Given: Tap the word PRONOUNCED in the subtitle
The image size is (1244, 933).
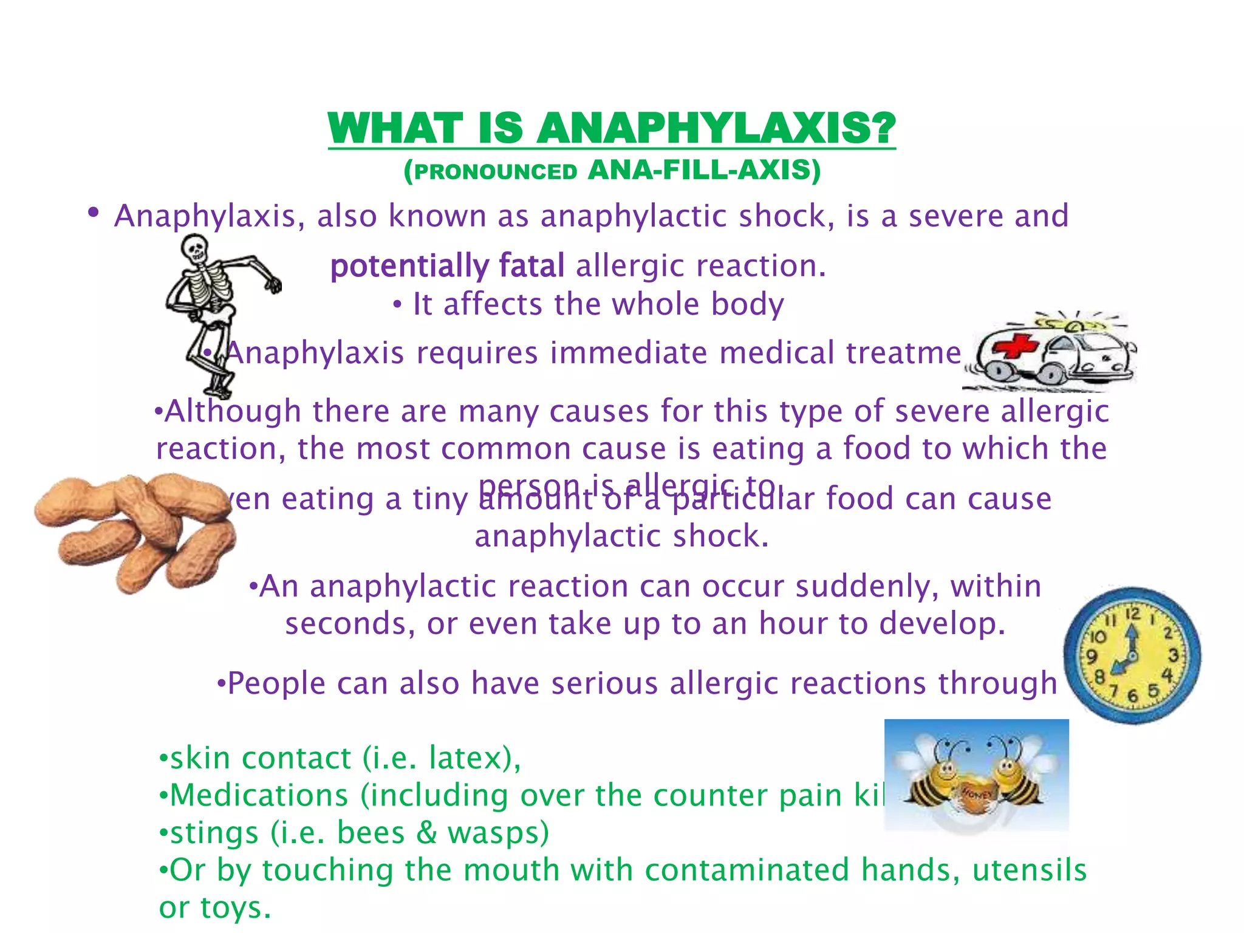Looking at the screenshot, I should [x=496, y=173].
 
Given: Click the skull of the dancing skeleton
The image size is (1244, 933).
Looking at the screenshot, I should [x=196, y=248].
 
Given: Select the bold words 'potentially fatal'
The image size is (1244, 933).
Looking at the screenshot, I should [x=447, y=266].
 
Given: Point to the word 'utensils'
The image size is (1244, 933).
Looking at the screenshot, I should [x=1029, y=870].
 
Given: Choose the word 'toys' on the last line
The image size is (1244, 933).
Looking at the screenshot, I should [x=232, y=907].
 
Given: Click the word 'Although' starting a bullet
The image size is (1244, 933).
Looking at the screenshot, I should [x=233, y=411].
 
